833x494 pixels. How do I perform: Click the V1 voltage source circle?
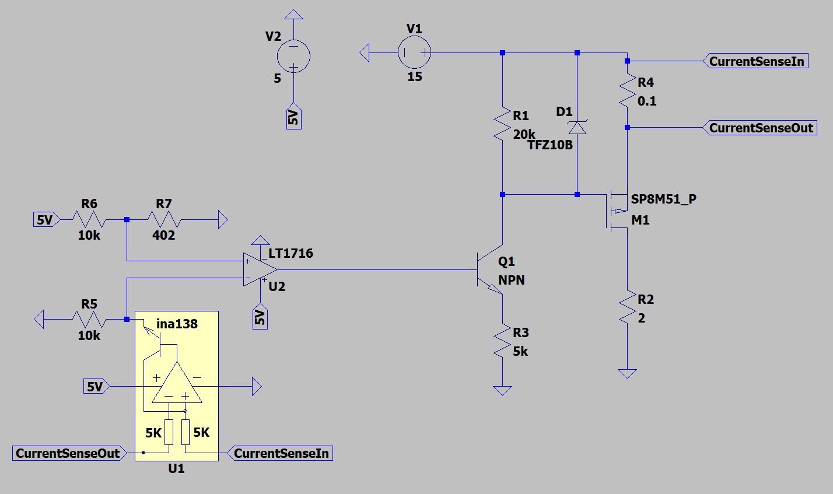click(414, 53)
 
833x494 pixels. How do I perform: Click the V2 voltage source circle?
click(293, 57)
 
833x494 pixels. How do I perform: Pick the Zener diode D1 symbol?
click(577, 127)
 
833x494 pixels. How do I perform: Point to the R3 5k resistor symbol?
click(502, 341)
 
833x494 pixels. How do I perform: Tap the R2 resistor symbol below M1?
click(627, 308)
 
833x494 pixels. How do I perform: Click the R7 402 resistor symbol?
click(164, 220)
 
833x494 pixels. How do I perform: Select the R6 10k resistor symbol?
click(89, 220)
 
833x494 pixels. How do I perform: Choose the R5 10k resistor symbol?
click(89, 320)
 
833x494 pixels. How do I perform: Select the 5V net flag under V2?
click(293, 118)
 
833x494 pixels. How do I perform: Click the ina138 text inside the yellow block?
click(177, 324)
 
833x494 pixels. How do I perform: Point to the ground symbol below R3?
click(502, 390)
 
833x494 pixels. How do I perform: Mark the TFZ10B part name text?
click(550, 145)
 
